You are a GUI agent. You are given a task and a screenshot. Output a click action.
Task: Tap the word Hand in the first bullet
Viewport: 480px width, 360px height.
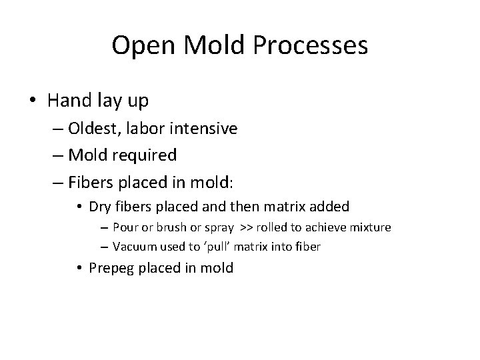click(x=70, y=101)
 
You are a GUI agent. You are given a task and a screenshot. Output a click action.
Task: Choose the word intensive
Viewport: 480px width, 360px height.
click(x=204, y=128)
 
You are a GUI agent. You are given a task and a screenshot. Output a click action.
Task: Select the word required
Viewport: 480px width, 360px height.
click(x=145, y=155)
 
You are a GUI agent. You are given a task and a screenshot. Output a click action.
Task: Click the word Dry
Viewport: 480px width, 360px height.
click(x=100, y=207)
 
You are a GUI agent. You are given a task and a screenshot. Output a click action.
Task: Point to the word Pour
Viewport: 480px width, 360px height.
click(x=125, y=228)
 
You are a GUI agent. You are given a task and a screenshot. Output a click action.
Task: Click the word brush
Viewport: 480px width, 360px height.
click(x=170, y=228)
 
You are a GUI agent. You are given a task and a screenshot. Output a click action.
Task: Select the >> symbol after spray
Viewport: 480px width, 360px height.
click(x=243, y=228)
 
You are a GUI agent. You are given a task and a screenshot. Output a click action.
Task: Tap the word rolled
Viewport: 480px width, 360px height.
click(x=269, y=228)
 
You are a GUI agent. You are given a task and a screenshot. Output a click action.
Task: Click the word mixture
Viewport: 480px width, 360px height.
click(x=369, y=228)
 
